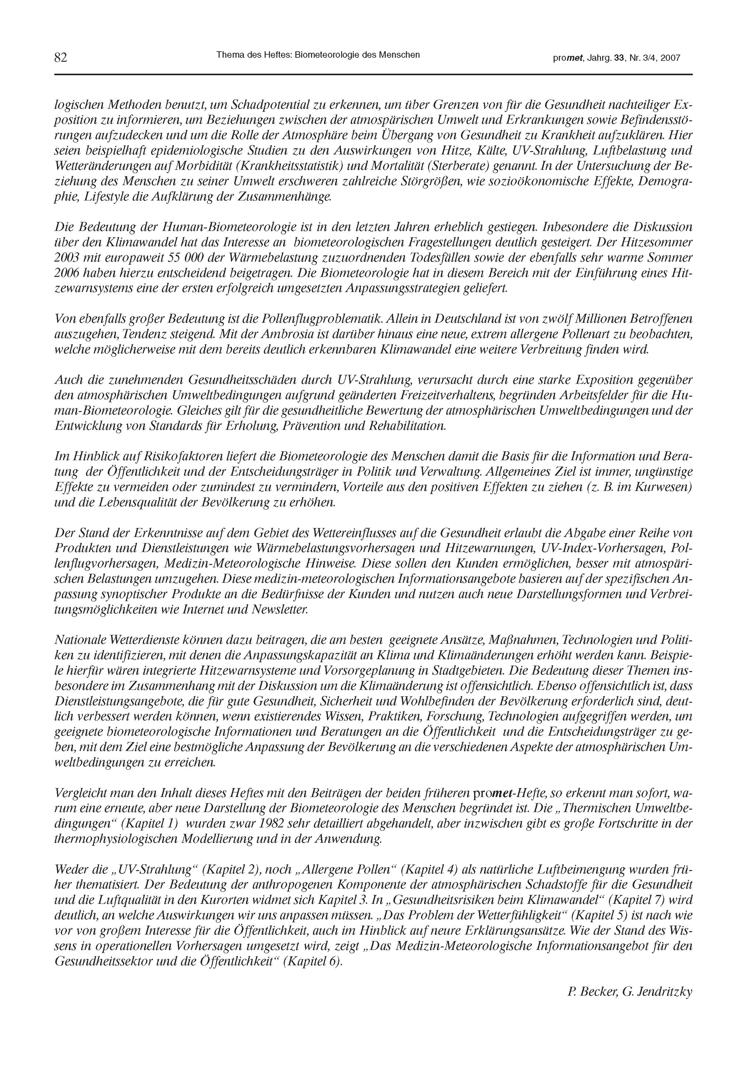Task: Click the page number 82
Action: [61, 57]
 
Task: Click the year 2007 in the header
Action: [670, 58]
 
